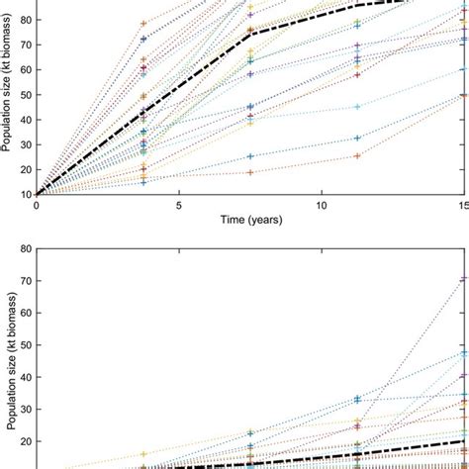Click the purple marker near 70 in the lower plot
pos(464,279)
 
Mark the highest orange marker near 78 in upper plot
pos(143,23)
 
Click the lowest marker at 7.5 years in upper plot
pos(250,172)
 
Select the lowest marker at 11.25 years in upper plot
pos(357,155)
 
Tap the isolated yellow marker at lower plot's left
pos(143,453)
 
